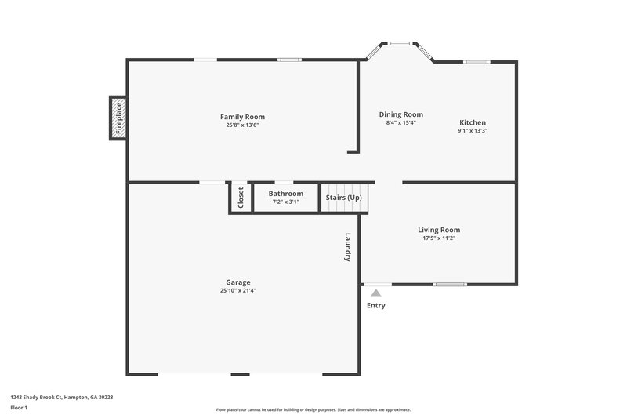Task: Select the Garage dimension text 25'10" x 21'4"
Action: tap(238, 290)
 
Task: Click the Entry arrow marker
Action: tap(376, 293)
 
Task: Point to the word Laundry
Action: tap(348, 246)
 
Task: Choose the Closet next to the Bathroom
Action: tap(241, 198)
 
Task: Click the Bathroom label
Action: tap(285, 193)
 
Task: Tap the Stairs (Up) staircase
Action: tap(344, 198)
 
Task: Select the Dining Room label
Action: tap(400, 114)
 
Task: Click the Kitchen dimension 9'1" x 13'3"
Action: tap(473, 131)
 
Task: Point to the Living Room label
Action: tap(438, 230)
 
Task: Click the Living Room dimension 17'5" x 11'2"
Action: tap(438, 238)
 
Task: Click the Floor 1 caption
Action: tap(19, 409)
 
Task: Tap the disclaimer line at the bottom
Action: tap(313, 409)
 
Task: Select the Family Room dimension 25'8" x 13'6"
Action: tap(242, 125)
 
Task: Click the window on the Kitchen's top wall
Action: tap(477, 61)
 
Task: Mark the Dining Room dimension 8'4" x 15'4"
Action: tap(400, 123)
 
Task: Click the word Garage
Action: tap(238, 282)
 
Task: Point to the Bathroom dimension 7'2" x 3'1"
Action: tap(285, 202)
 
